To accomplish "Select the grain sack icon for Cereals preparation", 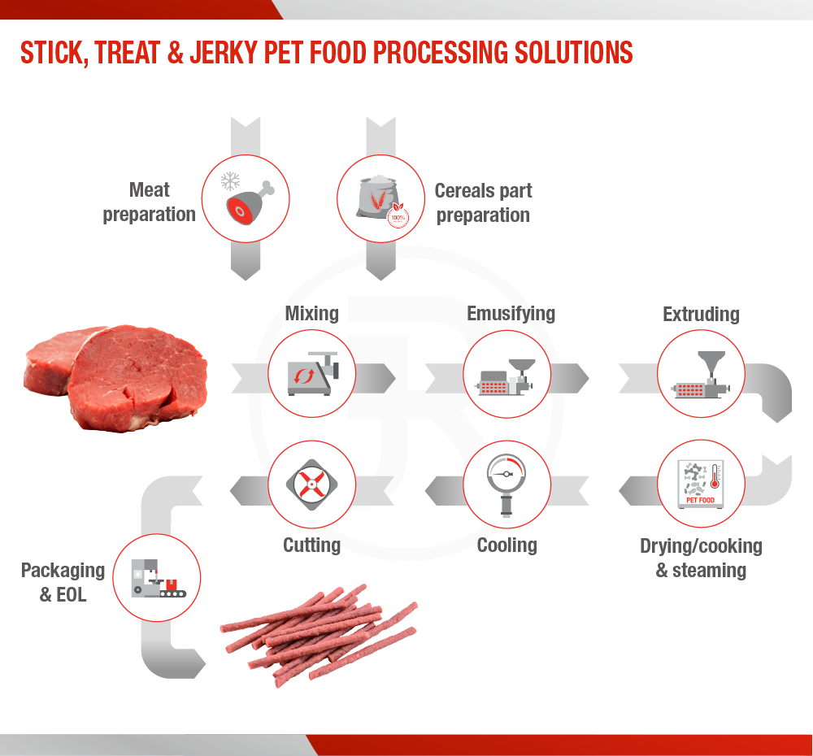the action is pos(382,200).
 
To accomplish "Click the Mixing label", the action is pos(311,314).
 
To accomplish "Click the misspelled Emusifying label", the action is pos(511,314).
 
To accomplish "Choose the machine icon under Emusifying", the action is pos(506,377).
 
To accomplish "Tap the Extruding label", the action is pos(701,315).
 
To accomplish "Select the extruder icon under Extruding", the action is pos(701,375).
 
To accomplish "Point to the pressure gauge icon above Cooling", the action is pos(506,485).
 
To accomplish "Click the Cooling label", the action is pos(507,545).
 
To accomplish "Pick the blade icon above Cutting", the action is pos(311,484).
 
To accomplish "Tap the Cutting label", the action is pos(311,545).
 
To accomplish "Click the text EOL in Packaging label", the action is pos(71,595).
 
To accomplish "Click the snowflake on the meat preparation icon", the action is pos(230,181).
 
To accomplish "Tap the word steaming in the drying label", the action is pos(709,571).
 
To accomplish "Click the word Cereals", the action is pos(459,191).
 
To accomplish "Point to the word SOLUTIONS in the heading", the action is pos(573,53).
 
